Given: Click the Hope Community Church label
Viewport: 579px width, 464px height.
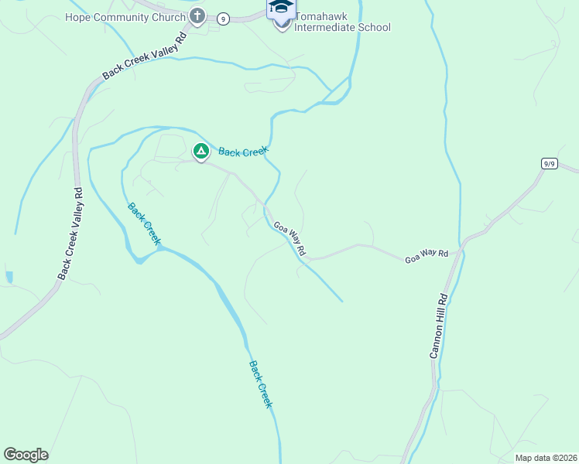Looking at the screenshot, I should [125, 17].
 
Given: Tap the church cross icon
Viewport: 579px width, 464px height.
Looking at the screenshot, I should [197, 15].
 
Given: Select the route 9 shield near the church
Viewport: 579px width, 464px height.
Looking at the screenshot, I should [223, 19].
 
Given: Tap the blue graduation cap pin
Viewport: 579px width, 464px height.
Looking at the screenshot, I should [281, 7].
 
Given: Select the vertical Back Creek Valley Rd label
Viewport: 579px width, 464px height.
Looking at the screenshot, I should [69, 233].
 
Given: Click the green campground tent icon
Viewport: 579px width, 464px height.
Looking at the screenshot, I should [200, 151].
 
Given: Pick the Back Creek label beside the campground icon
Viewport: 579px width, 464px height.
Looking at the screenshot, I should [242, 152].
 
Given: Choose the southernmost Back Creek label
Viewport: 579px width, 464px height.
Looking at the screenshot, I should [261, 384].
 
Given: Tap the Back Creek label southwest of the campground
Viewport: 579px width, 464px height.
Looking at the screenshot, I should [144, 224].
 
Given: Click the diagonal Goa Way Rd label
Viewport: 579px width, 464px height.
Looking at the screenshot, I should [289, 239].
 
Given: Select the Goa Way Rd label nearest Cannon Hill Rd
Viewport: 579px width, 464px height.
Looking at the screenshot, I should [427, 256].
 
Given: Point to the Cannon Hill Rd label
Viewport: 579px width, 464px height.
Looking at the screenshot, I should [439, 325].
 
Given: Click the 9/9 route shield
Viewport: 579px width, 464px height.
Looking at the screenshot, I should [549, 163].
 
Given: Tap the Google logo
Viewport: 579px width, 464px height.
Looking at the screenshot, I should [26, 455].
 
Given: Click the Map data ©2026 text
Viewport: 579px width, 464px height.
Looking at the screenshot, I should [545, 458].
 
